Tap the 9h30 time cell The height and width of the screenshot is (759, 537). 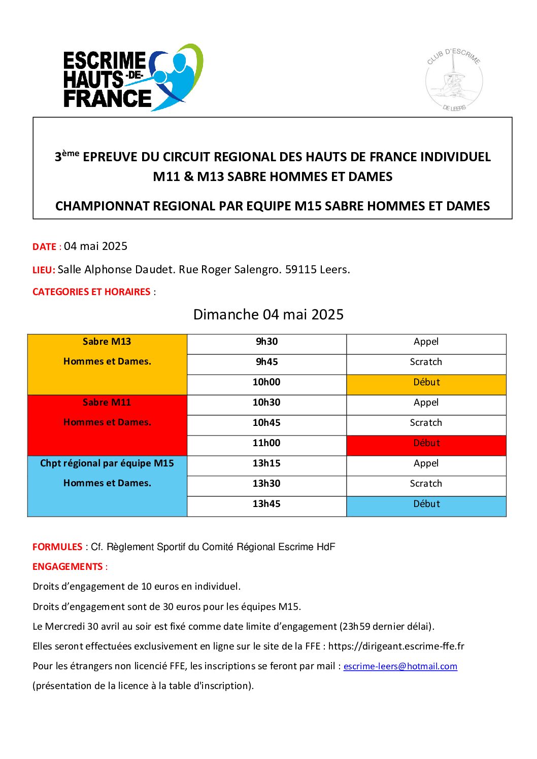(x=266, y=342)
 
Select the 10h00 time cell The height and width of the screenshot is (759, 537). (x=266, y=382)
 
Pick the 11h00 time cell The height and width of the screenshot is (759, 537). (x=266, y=443)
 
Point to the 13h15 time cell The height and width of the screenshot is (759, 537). (x=266, y=463)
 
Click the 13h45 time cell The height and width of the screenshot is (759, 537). (x=266, y=504)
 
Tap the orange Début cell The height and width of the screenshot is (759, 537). (x=426, y=382)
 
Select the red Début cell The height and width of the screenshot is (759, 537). (x=426, y=443)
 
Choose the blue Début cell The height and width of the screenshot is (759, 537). (x=426, y=504)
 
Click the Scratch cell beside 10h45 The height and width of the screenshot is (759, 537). (x=426, y=423)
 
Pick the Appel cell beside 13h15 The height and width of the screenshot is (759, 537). (x=426, y=463)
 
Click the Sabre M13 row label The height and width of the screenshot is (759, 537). (x=107, y=342)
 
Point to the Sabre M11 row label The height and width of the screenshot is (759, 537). (x=107, y=403)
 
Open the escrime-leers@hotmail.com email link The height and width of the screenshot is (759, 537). (x=400, y=666)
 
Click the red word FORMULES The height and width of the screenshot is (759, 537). (x=57, y=547)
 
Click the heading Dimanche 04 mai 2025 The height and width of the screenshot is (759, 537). (x=268, y=314)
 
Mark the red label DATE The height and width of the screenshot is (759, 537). (x=44, y=247)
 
